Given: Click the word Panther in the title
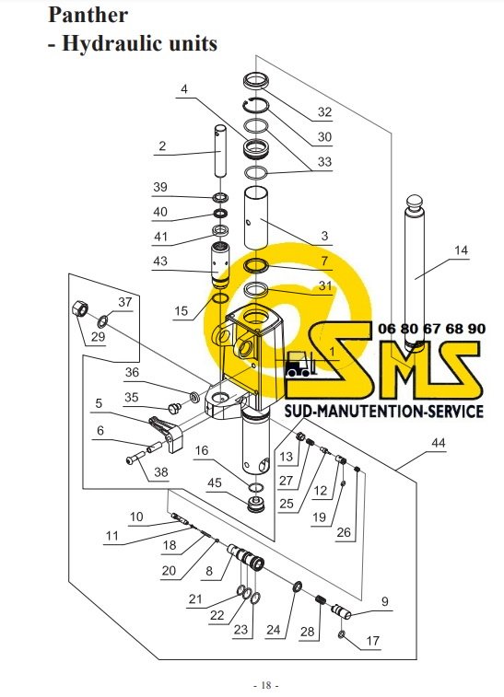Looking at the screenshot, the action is (x=88, y=15).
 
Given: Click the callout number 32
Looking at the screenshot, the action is (x=324, y=111).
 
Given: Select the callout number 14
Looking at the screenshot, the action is (x=462, y=250).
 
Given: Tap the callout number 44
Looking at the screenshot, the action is (x=439, y=443).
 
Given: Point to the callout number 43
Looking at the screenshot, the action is (x=160, y=261).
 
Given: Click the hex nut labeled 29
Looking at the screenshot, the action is (x=80, y=308).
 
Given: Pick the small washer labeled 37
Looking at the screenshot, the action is (x=103, y=319).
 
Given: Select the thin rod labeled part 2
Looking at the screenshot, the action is (x=221, y=150).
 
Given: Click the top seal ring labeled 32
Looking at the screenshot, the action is (x=257, y=81).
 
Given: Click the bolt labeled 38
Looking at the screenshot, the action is (x=135, y=458).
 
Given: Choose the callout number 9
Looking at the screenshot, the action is (x=385, y=601).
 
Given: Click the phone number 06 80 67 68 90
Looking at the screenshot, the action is (x=431, y=329).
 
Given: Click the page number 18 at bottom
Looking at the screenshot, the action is (x=266, y=685).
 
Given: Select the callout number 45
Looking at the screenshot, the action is (x=215, y=482).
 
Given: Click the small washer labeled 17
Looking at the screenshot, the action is (x=342, y=634).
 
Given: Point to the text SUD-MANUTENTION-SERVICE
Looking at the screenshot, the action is (x=384, y=411).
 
